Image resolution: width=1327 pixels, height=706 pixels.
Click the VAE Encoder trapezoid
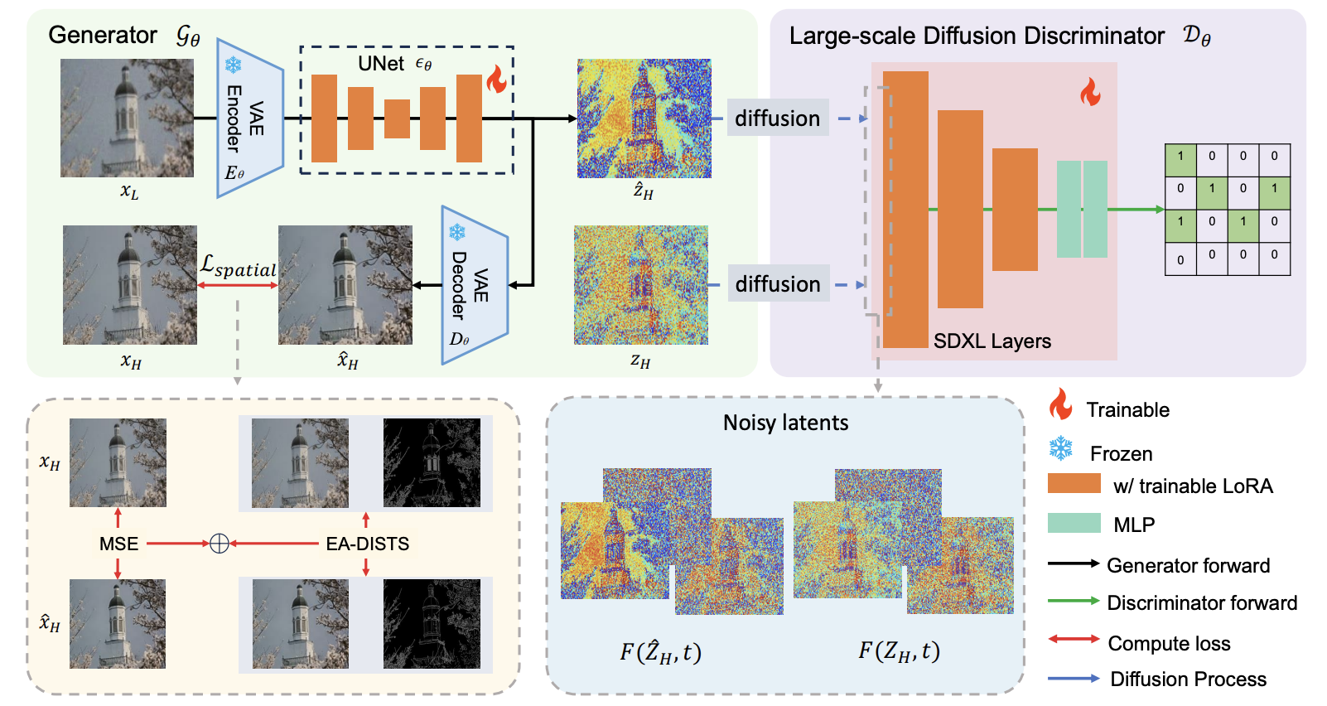coord(249,118)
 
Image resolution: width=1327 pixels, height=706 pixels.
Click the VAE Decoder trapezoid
coord(474,285)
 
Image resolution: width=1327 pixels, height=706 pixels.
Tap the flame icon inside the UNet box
coord(496,80)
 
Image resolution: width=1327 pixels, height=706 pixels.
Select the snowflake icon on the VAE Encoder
coord(234,65)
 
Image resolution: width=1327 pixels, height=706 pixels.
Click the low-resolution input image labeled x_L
coord(127,118)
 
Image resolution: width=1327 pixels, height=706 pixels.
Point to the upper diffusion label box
coord(777,118)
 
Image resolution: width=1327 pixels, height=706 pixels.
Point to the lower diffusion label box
coord(778,284)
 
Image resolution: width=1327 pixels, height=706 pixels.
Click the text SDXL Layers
coord(992,341)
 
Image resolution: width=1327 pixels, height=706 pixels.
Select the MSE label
coord(118,544)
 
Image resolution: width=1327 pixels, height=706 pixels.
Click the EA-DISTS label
coord(367,544)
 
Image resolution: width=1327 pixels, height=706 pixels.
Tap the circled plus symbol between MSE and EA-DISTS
coord(219,544)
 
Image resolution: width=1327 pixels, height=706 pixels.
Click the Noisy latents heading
coord(785,423)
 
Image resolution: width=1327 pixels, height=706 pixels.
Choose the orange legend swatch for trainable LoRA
coord(1074,484)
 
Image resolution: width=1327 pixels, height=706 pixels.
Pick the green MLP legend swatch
coord(1074,523)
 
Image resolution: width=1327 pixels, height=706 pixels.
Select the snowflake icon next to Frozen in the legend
coord(1060,449)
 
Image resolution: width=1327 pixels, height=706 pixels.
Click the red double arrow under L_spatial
coord(238,285)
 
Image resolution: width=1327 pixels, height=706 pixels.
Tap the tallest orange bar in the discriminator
coord(905,209)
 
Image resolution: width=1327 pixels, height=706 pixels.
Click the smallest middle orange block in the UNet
coord(397,118)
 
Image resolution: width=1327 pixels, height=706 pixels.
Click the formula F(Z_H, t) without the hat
coord(899,651)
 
